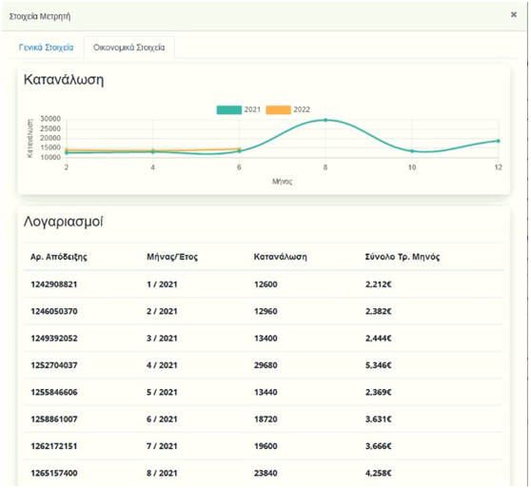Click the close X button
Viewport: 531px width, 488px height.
pos(513,14)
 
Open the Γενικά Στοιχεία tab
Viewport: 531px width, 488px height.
pos(46,48)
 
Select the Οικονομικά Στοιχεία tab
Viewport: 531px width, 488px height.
pos(129,48)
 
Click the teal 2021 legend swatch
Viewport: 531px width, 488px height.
pos(229,109)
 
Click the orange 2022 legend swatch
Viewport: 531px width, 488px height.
pos(278,109)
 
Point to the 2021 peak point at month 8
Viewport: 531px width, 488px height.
pos(325,120)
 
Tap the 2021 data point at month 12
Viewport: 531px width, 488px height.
pos(498,141)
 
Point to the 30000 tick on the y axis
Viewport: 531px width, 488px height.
pos(50,119)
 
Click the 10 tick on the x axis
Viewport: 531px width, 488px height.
pos(412,167)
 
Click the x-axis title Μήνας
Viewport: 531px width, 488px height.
pos(282,182)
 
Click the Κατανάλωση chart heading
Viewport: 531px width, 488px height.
pos(64,80)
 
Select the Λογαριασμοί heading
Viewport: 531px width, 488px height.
pos(64,222)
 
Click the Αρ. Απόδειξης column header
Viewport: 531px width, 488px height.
pos(59,257)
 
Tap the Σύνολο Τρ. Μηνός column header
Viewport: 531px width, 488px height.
pos(403,257)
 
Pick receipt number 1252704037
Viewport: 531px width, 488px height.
pos(54,365)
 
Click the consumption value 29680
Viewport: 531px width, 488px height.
pos(265,365)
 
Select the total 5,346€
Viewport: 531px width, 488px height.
pos(379,365)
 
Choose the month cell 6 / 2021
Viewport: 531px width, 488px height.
pos(162,419)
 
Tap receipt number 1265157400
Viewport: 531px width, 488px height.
pos(54,473)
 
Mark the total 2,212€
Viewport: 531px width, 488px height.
pos(379,284)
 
